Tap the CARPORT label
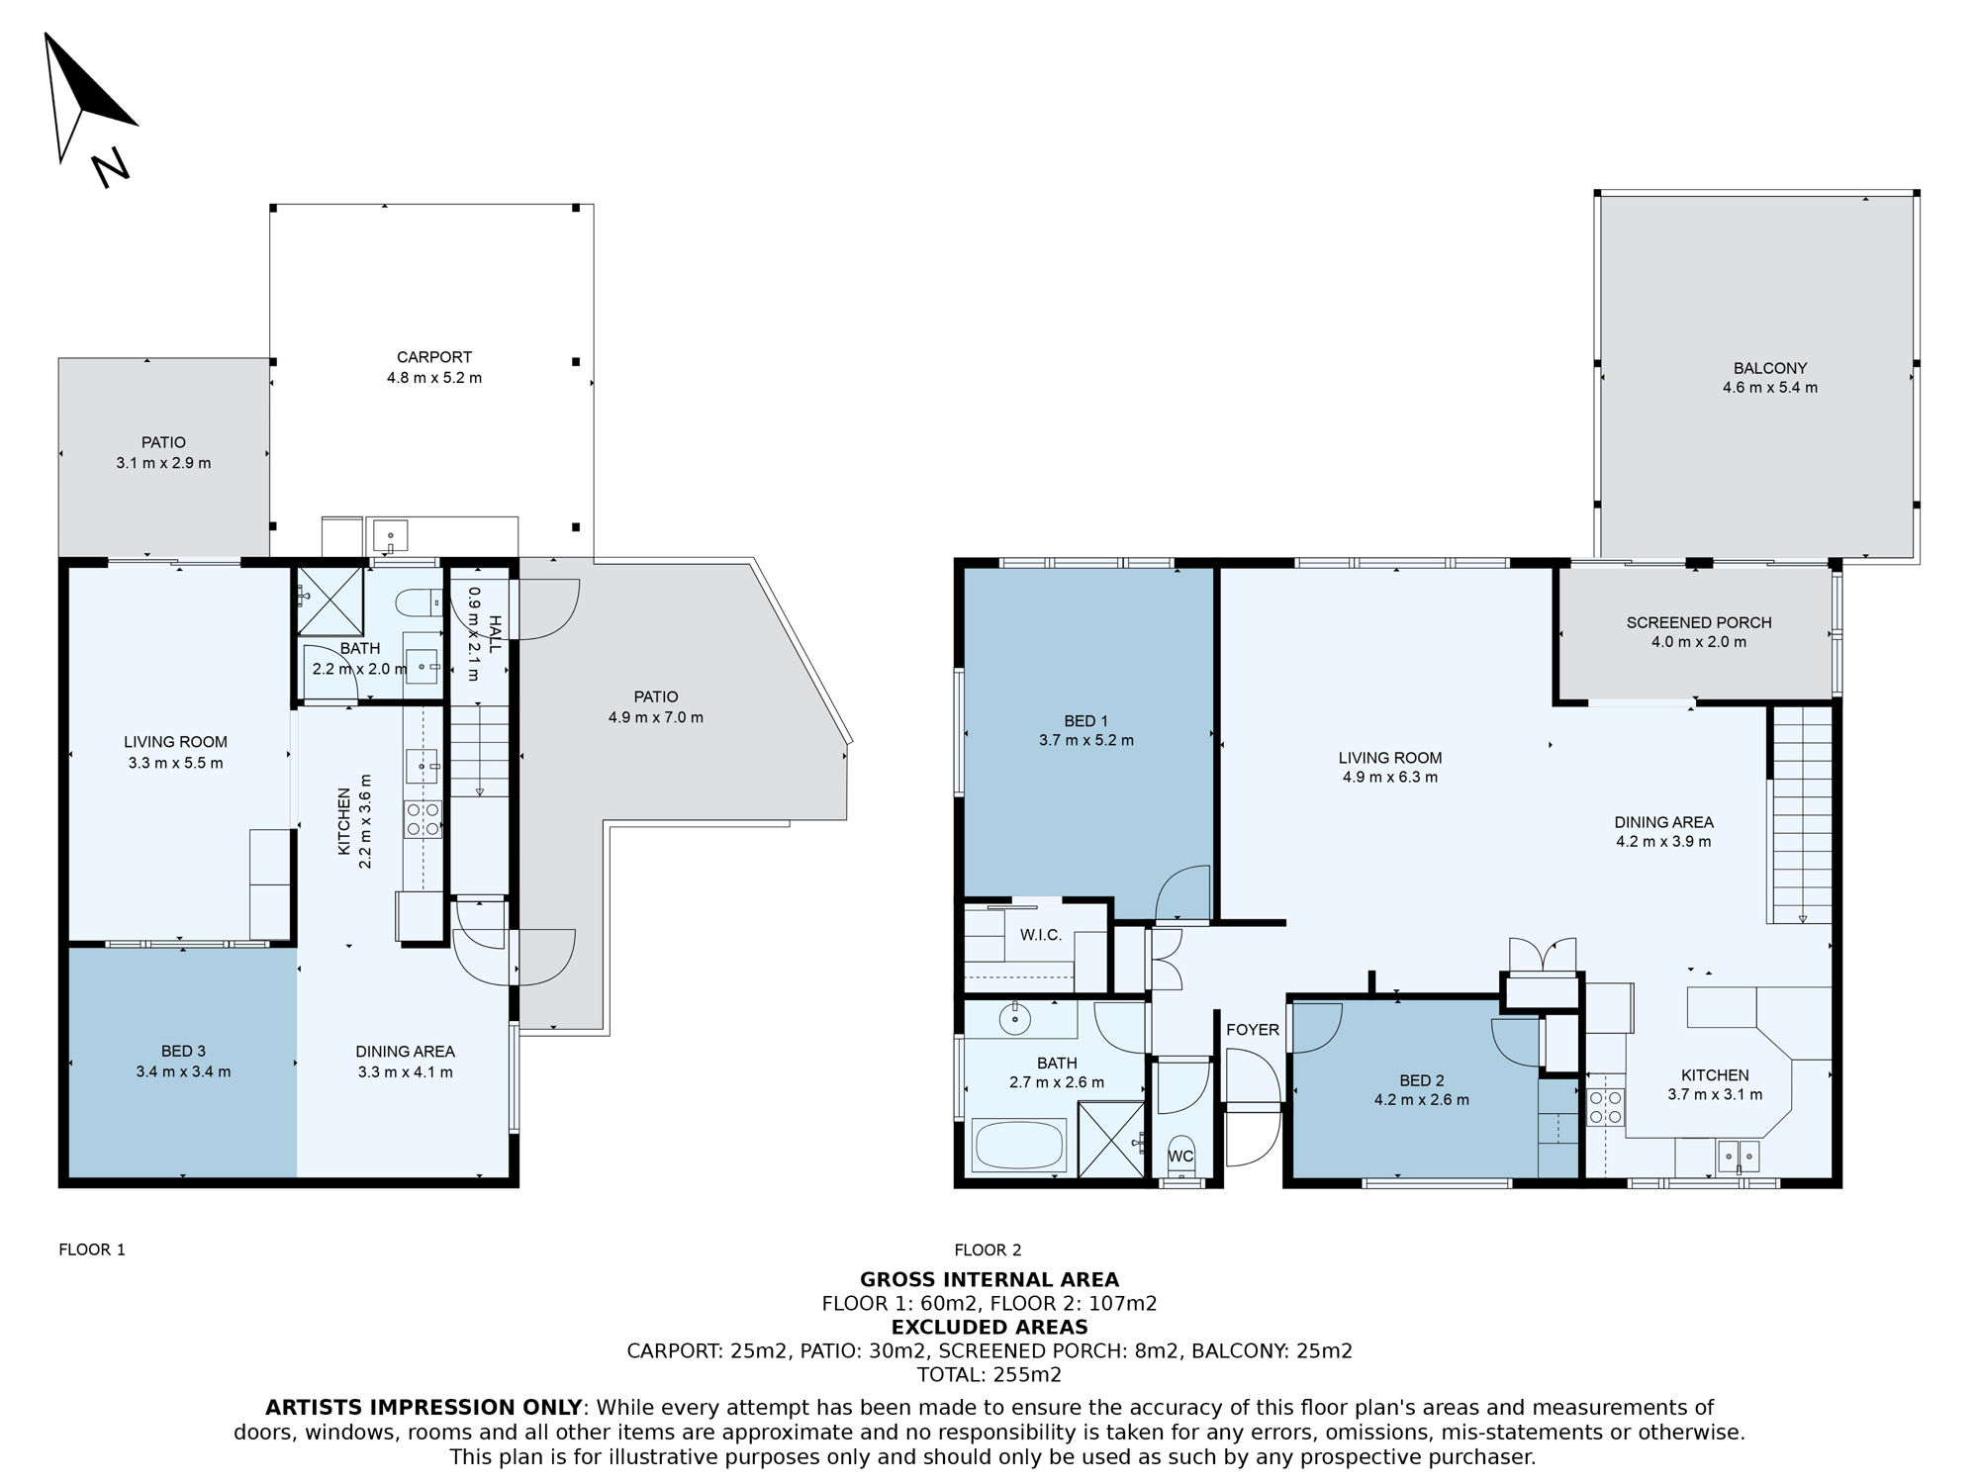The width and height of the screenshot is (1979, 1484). (x=434, y=357)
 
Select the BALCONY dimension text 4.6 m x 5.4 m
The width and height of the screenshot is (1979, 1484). (x=1770, y=388)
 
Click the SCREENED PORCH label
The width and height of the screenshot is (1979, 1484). (x=1699, y=622)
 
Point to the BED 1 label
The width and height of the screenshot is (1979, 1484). (x=1085, y=721)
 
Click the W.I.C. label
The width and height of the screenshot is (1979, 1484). (x=1041, y=935)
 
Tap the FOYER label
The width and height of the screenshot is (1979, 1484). (x=1253, y=1030)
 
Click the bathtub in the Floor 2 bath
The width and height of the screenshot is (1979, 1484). (x=1020, y=1146)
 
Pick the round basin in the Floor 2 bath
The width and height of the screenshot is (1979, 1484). (x=1015, y=1019)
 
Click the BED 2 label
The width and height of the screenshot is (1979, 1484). (x=1422, y=1080)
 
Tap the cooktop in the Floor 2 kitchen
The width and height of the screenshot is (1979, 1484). (x=1605, y=1107)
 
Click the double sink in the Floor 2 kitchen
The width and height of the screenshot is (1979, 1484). (x=1739, y=1156)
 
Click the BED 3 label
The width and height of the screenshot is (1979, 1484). (x=184, y=1052)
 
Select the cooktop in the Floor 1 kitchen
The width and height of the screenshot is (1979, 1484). (x=424, y=819)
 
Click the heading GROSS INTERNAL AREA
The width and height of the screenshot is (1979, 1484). (x=989, y=1280)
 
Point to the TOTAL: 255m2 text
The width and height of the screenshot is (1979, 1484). (x=989, y=1374)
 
